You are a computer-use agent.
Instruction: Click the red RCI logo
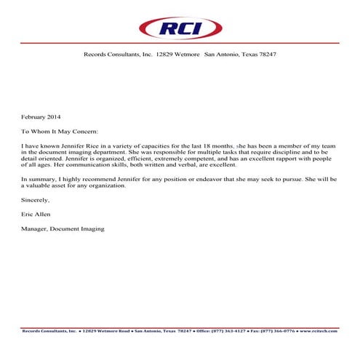point(180,29)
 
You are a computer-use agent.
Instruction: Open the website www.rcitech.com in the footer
point(319,331)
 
